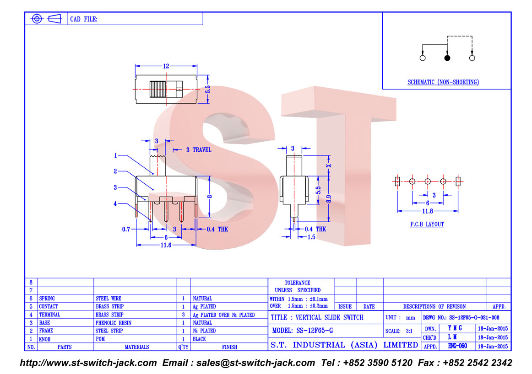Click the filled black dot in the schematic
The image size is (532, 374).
(447, 58)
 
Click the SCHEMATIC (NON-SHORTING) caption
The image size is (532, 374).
(443, 82)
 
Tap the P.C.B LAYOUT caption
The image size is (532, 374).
(427, 224)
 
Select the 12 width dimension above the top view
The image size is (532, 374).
(166, 66)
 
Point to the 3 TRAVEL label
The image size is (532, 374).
(199, 150)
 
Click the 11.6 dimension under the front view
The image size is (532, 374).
(166, 245)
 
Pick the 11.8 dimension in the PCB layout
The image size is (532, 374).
(427, 211)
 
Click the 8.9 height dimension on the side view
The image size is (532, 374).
(328, 198)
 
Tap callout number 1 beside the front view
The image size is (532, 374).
(115, 155)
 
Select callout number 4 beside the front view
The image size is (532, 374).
(115, 203)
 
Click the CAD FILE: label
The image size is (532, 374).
(83, 19)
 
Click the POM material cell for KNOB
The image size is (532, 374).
(100, 339)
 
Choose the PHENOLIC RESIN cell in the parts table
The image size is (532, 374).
(114, 323)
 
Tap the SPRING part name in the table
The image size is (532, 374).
(47, 299)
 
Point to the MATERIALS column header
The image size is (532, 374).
(137, 347)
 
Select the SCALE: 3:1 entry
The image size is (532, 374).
(399, 331)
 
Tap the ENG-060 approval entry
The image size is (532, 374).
(457, 346)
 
